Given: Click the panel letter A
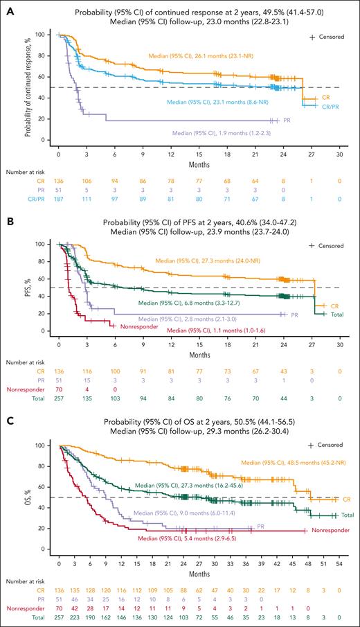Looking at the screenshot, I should click(x=6, y=6).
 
